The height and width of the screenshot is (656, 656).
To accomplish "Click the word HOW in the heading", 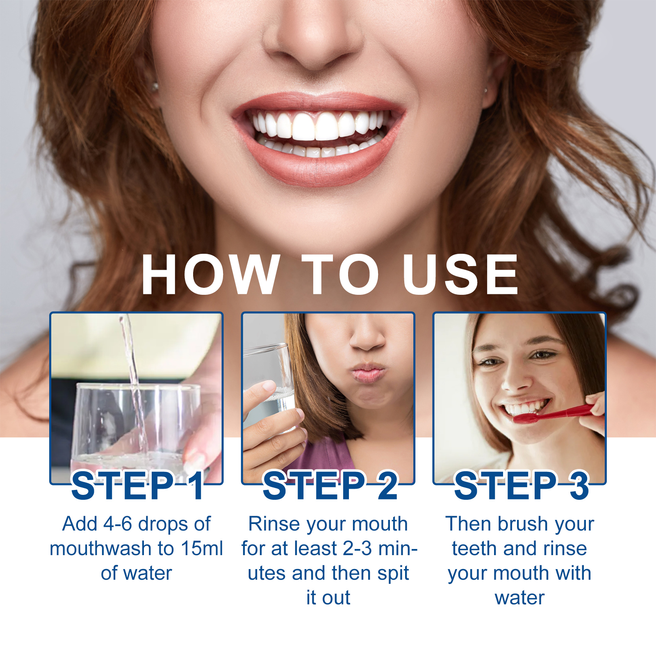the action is pyautogui.click(x=210, y=274).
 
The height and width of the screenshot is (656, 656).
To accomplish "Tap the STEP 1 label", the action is pyautogui.click(x=138, y=485).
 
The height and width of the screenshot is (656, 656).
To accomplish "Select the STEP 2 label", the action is pyautogui.click(x=330, y=485).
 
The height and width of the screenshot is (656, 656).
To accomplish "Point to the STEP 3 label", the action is pyautogui.click(x=522, y=485).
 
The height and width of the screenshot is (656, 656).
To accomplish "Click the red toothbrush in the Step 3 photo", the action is pyautogui.click(x=553, y=413).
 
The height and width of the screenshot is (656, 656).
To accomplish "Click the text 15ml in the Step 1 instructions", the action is pyautogui.click(x=202, y=549).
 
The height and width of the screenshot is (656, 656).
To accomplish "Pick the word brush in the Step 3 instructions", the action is pyautogui.click(x=523, y=524).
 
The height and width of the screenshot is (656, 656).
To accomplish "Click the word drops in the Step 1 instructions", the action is pyautogui.click(x=163, y=525).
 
